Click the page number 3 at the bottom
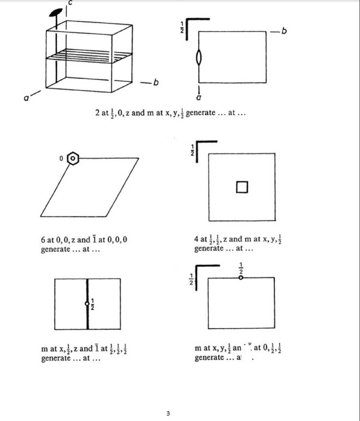point(169,413)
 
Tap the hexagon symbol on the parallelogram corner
point(72,159)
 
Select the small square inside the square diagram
point(241,187)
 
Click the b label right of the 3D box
point(156,83)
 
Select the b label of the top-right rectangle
point(284,30)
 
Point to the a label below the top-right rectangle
point(198,97)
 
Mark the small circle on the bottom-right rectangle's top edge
point(241,278)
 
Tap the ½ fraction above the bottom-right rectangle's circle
point(241,269)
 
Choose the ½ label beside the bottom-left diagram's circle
point(93,304)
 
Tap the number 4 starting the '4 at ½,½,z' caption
point(197,239)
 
